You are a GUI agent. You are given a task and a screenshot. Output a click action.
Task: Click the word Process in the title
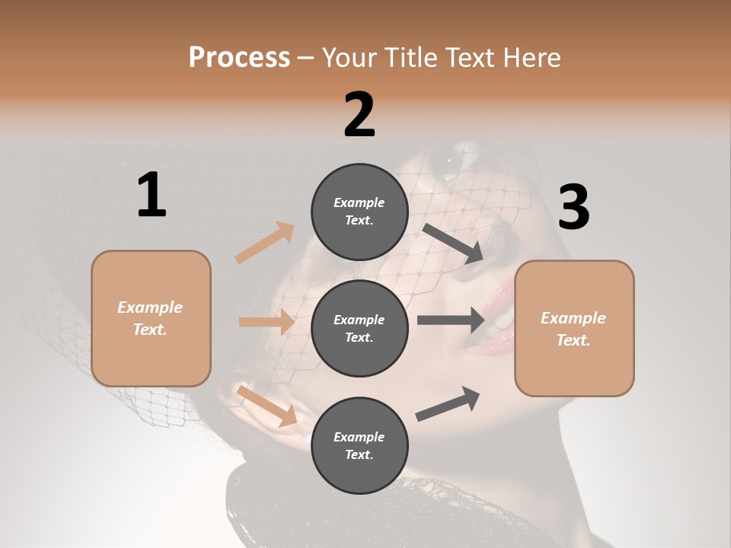[x=239, y=58]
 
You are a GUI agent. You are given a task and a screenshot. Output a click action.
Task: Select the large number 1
[x=152, y=196]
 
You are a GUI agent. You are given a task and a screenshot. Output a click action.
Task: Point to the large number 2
[x=359, y=115]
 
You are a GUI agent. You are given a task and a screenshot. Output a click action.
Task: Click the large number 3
[x=573, y=208]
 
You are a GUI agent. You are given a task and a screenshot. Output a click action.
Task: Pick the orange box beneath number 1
[x=151, y=318]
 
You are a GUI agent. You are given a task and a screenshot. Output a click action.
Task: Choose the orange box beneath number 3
[x=574, y=329]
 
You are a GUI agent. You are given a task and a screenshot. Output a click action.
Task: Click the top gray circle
[x=359, y=212]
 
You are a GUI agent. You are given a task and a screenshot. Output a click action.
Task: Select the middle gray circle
[x=359, y=329]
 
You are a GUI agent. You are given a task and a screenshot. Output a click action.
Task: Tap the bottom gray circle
[x=359, y=446]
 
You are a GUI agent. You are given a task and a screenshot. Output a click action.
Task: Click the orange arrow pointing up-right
[x=264, y=243]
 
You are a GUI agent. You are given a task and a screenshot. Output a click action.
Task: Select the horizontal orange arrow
[x=267, y=322]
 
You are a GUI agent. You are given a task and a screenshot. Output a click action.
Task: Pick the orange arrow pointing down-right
[x=267, y=405]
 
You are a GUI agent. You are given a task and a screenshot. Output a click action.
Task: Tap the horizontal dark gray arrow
[x=451, y=320]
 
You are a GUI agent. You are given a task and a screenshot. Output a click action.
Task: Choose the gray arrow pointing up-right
[x=448, y=404]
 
